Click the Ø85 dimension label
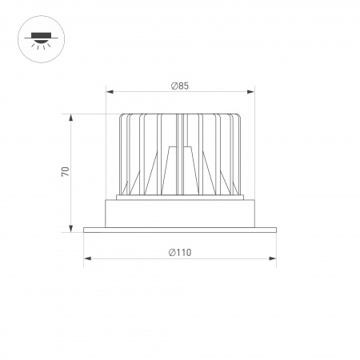tap(180, 86)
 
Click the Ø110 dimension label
tap(180, 252)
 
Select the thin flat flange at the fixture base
tap(180, 230)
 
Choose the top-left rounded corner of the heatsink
tap(122, 118)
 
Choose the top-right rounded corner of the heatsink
tap(238, 118)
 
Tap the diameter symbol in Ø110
tap(172, 252)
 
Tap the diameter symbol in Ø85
tap(174, 86)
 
